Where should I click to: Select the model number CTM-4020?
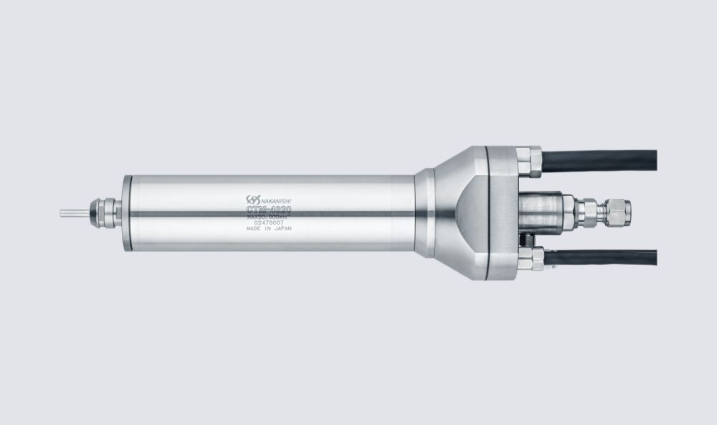268,210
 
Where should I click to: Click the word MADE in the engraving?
253,233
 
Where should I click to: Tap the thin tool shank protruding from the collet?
72,212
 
